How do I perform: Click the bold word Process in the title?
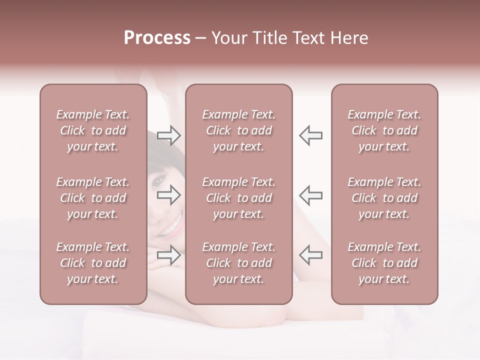(157, 38)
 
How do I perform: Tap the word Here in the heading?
(347, 38)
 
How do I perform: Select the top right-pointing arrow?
(168, 135)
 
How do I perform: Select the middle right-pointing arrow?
(168, 195)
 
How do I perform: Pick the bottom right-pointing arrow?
(168, 255)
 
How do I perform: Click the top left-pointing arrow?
(310, 135)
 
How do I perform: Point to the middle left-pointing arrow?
(310, 195)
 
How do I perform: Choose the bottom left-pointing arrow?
(310, 255)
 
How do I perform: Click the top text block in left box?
(93, 130)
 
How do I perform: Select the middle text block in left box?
(93, 198)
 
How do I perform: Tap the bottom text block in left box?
(93, 263)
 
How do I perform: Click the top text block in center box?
(239, 130)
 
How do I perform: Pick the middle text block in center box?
(239, 198)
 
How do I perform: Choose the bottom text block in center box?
(239, 263)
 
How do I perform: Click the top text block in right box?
(384, 130)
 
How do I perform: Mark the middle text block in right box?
(384, 198)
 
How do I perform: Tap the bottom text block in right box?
(384, 263)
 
